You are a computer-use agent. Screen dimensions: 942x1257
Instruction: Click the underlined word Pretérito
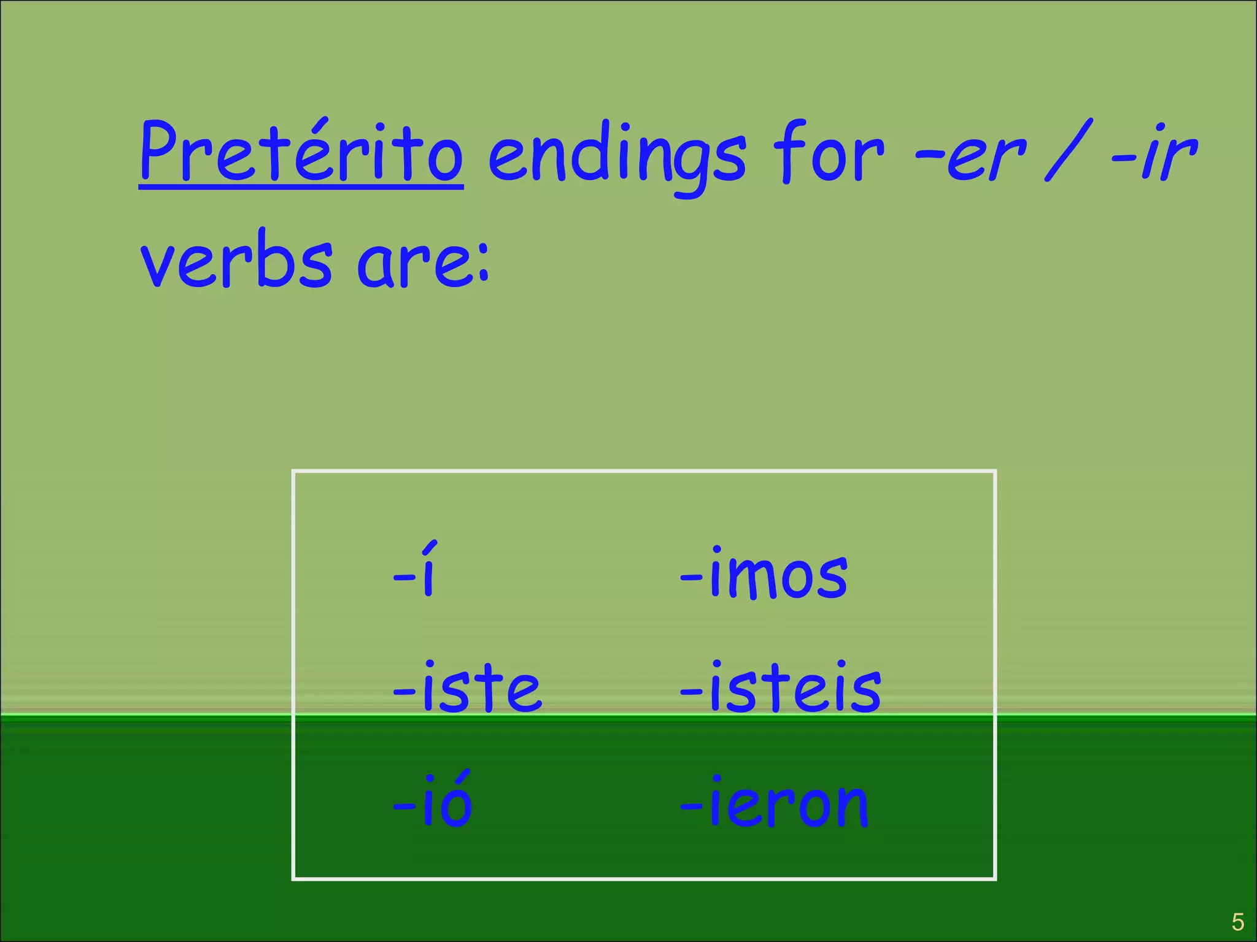click(301, 153)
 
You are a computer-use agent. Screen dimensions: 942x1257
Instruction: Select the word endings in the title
click(617, 156)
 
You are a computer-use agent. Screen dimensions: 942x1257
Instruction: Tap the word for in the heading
click(829, 153)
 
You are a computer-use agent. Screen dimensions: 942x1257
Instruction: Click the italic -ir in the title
click(1154, 153)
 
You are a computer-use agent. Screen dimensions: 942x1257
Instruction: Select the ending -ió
click(433, 800)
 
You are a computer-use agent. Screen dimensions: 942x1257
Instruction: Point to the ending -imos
click(764, 573)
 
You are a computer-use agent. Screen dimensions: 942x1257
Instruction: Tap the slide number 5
click(1237, 922)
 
